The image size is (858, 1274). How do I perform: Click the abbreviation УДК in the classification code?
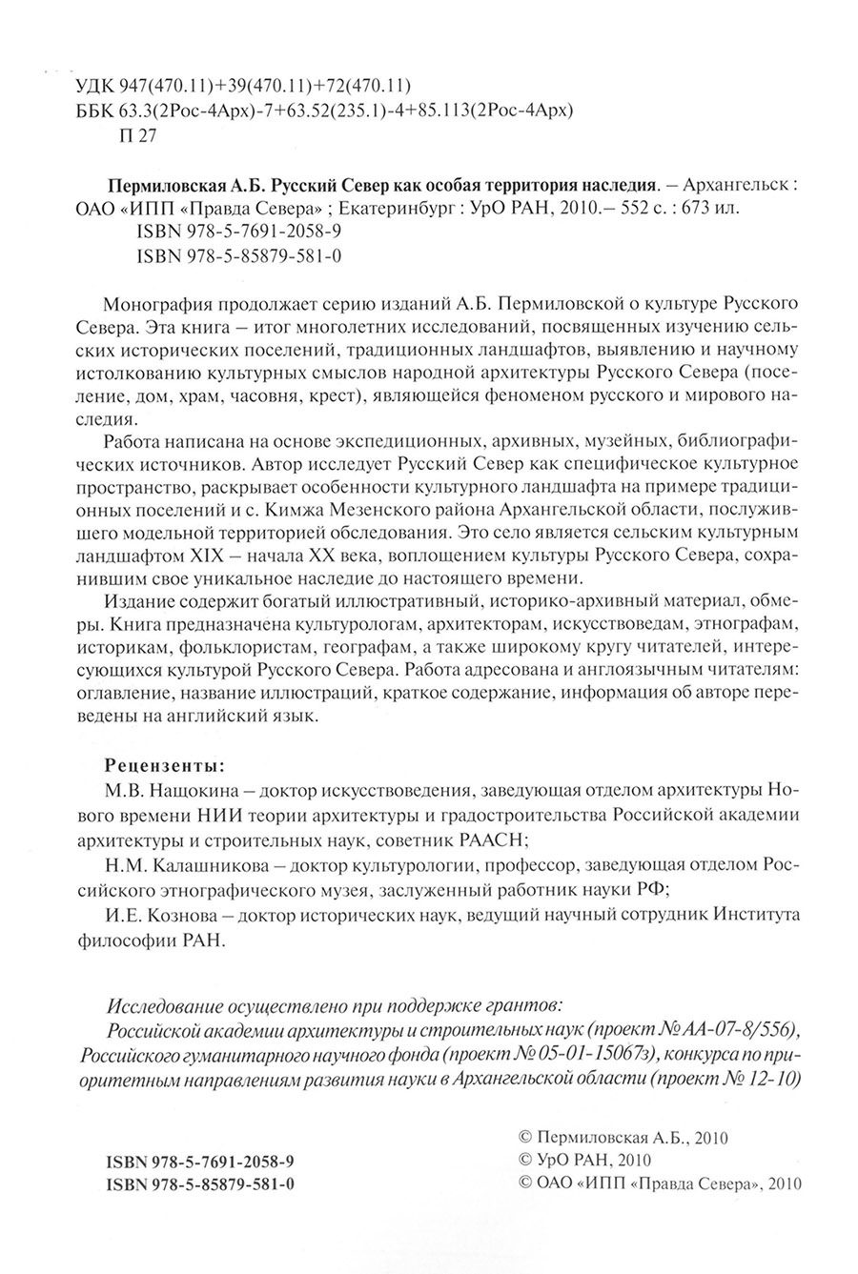[x=93, y=83]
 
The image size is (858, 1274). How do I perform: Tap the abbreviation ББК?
[x=93, y=109]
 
